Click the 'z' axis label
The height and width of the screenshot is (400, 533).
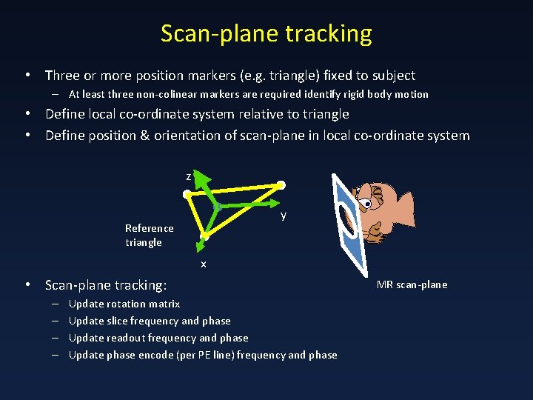coord(189,176)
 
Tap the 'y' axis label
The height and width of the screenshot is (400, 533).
coord(283,216)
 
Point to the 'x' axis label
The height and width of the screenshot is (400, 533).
coord(204,264)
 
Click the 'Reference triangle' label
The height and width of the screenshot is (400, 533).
coord(149,235)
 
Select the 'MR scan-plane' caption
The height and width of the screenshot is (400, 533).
coord(412,284)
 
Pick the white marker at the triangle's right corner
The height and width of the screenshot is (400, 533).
coord(281,185)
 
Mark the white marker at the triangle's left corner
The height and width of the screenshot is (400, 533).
coord(187,194)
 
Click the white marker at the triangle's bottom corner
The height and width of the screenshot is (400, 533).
coord(205,236)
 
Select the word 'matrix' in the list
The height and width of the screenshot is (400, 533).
coord(164,304)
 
